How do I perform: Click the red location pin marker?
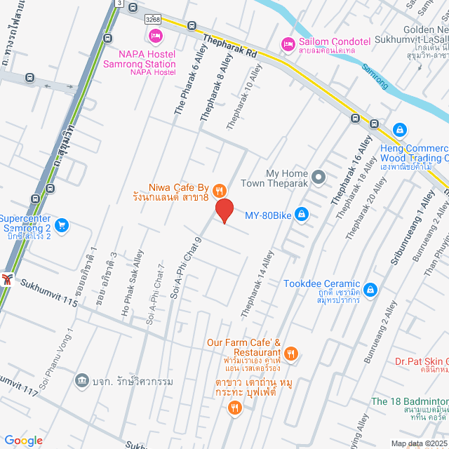pyautogui.click(x=224, y=210)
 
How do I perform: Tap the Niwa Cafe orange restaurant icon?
pyautogui.click(x=220, y=189)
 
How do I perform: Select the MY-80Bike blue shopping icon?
pyautogui.click(x=301, y=213)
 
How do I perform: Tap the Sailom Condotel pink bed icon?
pyautogui.click(x=287, y=44)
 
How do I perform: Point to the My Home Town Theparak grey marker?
pyautogui.click(x=319, y=177)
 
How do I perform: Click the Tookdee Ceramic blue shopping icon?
pyautogui.click(x=370, y=289)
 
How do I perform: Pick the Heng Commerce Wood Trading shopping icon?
pyautogui.click(x=399, y=130)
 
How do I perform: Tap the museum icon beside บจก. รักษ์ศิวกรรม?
pyautogui.click(x=81, y=380)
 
